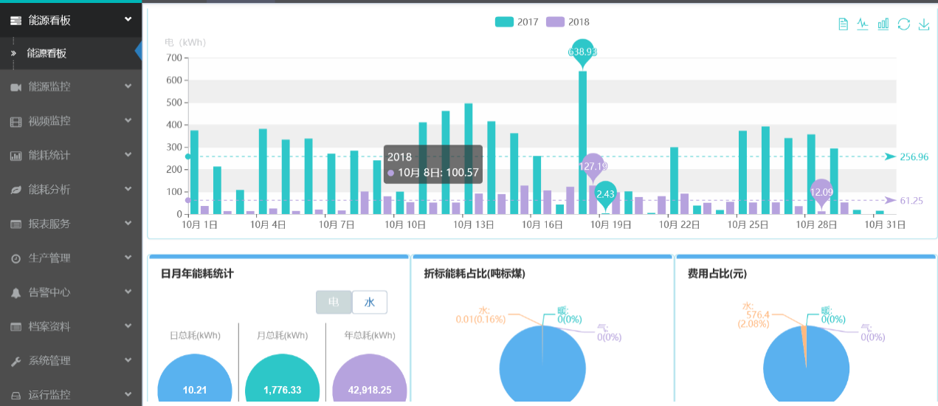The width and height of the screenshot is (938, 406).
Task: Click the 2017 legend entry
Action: pos(517,22)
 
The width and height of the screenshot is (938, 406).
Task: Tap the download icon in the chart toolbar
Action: pos(923,24)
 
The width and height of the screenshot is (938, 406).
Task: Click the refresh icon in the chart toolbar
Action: pos(903,24)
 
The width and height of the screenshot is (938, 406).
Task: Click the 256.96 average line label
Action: pos(914,156)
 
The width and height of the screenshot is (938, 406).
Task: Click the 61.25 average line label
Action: pos(912,200)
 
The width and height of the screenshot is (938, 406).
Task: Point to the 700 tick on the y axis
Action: pos(174,58)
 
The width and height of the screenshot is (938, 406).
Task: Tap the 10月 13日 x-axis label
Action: pos(474,225)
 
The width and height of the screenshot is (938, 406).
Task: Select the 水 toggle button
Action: pos(370,302)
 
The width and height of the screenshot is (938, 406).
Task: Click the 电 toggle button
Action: pos(334,302)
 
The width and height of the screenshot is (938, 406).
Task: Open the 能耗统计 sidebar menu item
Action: pos(49,155)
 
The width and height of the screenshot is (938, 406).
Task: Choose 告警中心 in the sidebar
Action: pos(49,292)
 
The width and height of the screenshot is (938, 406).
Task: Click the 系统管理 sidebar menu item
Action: pos(49,361)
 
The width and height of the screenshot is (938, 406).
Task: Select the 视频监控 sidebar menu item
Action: pos(49,121)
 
